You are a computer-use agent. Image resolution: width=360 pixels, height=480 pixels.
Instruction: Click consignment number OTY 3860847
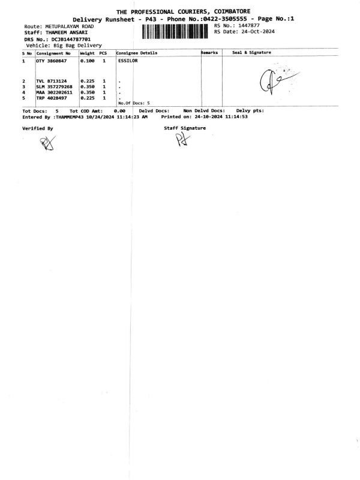tap(51, 61)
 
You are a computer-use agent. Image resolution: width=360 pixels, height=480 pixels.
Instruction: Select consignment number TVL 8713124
tap(51, 81)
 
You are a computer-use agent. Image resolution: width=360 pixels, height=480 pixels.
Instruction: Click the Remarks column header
tap(209, 53)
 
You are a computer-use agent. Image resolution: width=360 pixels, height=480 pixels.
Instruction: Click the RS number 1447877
tap(248, 26)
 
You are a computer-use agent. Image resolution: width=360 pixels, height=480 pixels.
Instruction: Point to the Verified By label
tap(37, 128)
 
